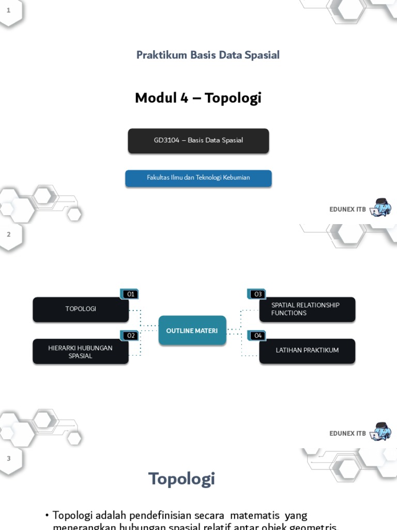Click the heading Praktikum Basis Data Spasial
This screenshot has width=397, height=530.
click(208, 55)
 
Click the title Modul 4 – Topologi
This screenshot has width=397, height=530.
click(198, 98)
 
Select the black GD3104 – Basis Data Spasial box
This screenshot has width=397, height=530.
click(198, 140)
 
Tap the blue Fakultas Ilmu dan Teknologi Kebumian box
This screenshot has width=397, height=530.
click(198, 178)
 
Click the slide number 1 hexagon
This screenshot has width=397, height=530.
click(9, 10)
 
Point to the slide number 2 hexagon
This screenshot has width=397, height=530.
click(9, 234)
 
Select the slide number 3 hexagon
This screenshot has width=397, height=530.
click(9, 459)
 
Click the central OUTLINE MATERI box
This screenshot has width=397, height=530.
click(192, 331)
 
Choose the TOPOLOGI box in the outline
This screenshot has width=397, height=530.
click(81, 309)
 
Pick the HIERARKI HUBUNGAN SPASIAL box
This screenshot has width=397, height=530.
click(81, 352)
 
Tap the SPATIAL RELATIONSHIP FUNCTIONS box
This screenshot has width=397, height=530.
click(307, 309)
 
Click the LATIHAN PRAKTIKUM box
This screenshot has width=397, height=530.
click(307, 350)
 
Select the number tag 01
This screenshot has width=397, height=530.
click(130, 294)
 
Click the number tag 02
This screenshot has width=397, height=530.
click(130, 335)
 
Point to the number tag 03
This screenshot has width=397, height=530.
click(257, 294)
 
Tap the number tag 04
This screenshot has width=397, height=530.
click(257, 335)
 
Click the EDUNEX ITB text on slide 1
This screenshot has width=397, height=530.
click(347, 210)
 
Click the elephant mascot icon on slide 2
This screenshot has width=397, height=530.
click(381, 432)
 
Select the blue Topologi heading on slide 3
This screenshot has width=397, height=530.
click(181, 479)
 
